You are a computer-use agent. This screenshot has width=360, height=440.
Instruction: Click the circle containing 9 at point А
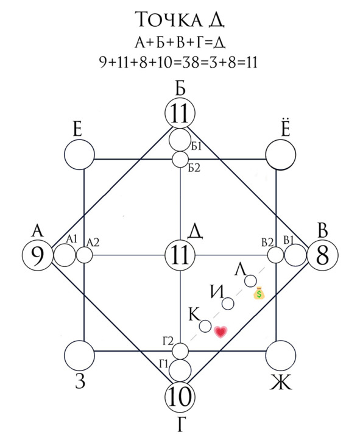coord(38,255)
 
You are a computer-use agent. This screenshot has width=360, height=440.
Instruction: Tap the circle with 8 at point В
coord(322,255)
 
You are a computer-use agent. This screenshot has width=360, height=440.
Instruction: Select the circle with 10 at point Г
coord(180,397)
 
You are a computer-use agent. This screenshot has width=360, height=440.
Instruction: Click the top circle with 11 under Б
coord(180,113)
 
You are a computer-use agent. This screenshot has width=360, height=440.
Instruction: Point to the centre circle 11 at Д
coord(180,255)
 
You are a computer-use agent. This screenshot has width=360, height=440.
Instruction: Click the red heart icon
coord(221,332)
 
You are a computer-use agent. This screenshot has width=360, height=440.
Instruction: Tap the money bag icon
coord(259,293)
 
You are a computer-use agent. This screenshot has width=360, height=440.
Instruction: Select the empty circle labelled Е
coord(80,155)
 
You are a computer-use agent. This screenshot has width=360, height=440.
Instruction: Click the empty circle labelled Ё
coord(280,155)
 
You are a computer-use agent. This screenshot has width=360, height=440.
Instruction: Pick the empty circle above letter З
coord(80,355)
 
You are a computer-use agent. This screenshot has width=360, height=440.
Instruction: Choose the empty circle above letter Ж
coord(280,355)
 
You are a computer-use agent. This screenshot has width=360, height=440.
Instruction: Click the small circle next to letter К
coord(205,326)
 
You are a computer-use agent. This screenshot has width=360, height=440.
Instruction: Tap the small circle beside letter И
coord(228,303)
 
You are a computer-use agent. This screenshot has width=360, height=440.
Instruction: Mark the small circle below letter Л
coord(250,281)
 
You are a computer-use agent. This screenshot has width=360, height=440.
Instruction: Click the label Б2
coord(194,168)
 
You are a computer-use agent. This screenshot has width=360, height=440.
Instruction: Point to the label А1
coord(72,239)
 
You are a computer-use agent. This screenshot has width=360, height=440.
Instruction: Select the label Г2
coord(168,341)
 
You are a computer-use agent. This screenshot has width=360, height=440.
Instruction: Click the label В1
coord(289,240)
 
